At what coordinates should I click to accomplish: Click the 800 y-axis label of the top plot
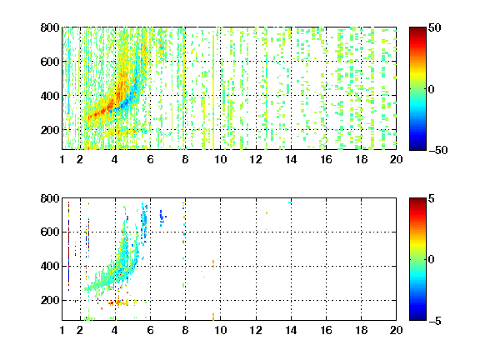pos(50,27)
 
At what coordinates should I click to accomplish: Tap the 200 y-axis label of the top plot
pos(50,130)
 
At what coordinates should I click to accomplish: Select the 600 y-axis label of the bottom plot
pos(50,232)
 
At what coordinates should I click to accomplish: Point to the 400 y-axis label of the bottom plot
pos(50,266)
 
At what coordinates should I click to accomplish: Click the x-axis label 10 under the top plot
pos(220,159)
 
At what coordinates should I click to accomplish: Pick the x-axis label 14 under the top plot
pos(291,159)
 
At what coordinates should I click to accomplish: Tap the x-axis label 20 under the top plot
pos(396,159)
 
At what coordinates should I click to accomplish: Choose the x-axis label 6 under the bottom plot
pos(150,330)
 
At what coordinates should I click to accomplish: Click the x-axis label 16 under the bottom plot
pos(326,330)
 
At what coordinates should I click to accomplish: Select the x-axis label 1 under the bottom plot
pos(62,330)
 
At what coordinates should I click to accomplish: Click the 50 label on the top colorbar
pos(434,27)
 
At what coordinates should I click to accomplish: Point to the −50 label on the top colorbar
pos(437,150)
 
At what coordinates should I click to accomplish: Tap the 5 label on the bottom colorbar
pos(432,198)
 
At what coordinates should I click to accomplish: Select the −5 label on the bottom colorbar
pos(435,321)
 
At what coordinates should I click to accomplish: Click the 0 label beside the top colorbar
pos(432,89)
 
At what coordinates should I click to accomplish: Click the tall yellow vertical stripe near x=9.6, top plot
pos(213,92)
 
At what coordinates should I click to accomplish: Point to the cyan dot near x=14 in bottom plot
pos(290,202)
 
